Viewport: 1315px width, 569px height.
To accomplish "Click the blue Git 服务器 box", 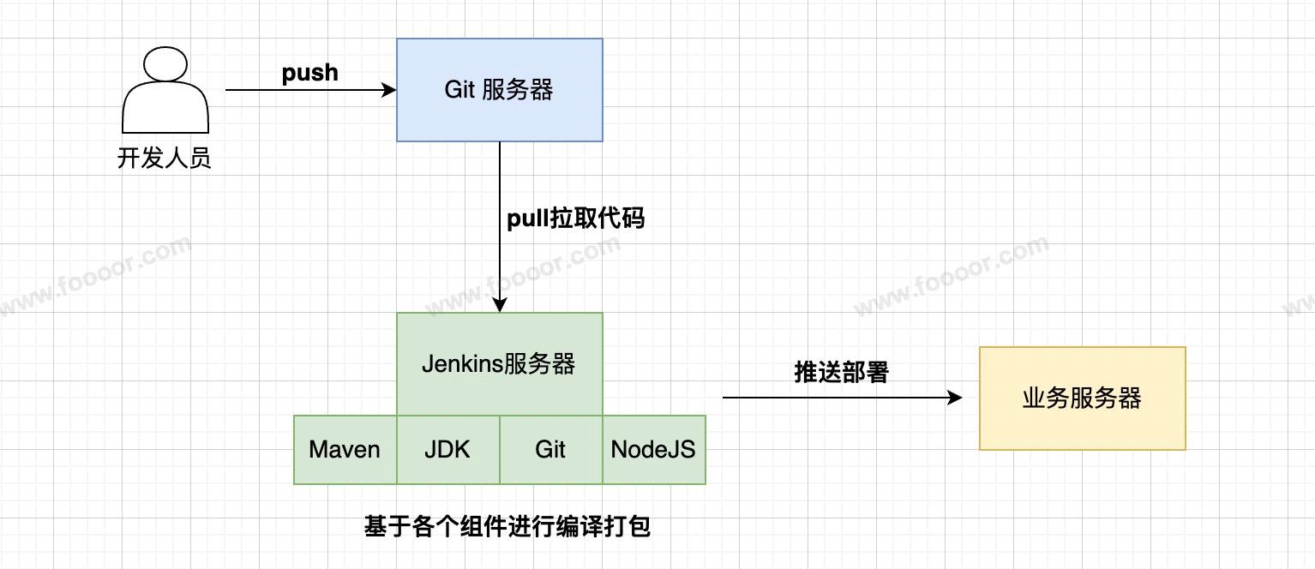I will tap(499, 89).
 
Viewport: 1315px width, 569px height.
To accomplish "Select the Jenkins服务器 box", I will tap(499, 363).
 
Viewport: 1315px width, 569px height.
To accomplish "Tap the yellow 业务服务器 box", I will tap(1082, 398).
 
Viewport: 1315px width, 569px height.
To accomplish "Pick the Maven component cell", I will tap(345, 449).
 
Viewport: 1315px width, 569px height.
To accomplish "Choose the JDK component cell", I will tap(447, 449).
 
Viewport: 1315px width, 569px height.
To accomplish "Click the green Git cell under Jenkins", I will tap(550, 449).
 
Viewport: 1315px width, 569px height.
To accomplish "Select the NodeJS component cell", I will tap(653, 449).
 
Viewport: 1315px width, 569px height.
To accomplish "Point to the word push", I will tap(310, 73).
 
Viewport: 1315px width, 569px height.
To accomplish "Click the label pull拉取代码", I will tap(575, 219).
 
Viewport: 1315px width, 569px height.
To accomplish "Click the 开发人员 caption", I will tap(165, 159).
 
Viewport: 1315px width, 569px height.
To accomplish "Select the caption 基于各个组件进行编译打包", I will tap(507, 525).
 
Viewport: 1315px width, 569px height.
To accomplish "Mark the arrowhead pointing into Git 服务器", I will tap(389, 89).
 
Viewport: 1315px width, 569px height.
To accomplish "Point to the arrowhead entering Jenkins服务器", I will tap(500, 304).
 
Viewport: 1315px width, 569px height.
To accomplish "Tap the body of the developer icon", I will tap(165, 110).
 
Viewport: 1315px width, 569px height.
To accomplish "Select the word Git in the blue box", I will tap(459, 89).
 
